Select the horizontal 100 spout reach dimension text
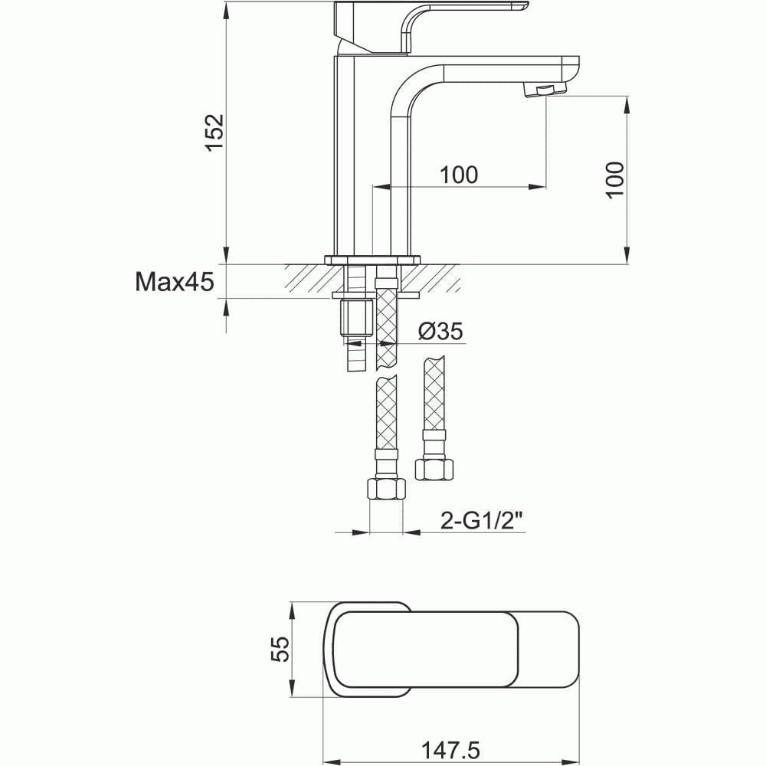click(459, 175)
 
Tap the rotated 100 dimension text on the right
click(615, 180)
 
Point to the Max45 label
click(175, 282)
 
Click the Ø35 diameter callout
click(441, 332)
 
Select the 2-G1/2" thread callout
click(482, 521)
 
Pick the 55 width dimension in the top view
click(281, 649)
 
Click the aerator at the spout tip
click(539, 90)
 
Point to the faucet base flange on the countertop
click(373, 259)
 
